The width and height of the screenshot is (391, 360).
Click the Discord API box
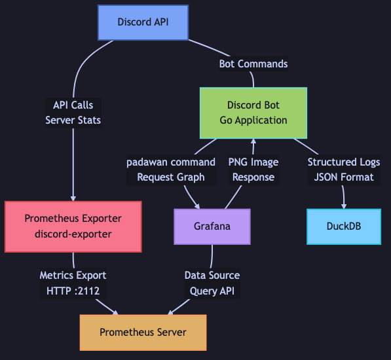point(143,22)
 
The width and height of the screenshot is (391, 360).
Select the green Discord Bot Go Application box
point(253,113)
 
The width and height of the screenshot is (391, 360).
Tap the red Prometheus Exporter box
point(73,226)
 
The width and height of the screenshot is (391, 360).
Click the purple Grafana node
point(212,226)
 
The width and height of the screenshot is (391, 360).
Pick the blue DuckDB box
point(344,226)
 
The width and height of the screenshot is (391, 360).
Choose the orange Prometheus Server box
point(143,333)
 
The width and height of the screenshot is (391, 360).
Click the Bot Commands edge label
point(253,64)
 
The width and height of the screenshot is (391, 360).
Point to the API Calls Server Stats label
point(73,113)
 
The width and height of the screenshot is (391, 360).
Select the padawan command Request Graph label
point(171,170)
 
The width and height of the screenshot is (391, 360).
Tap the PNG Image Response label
point(253,170)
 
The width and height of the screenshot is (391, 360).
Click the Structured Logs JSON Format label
point(344,170)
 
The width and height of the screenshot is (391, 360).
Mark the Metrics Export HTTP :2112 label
point(73,283)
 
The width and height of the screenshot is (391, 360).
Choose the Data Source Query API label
point(212,283)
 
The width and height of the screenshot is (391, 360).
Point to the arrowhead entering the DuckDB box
point(344,205)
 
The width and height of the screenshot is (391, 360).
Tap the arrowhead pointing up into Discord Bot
point(253,142)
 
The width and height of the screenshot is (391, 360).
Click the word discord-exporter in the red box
point(73,234)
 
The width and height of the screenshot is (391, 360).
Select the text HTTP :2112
point(73,291)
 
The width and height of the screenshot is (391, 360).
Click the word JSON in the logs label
point(327,177)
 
